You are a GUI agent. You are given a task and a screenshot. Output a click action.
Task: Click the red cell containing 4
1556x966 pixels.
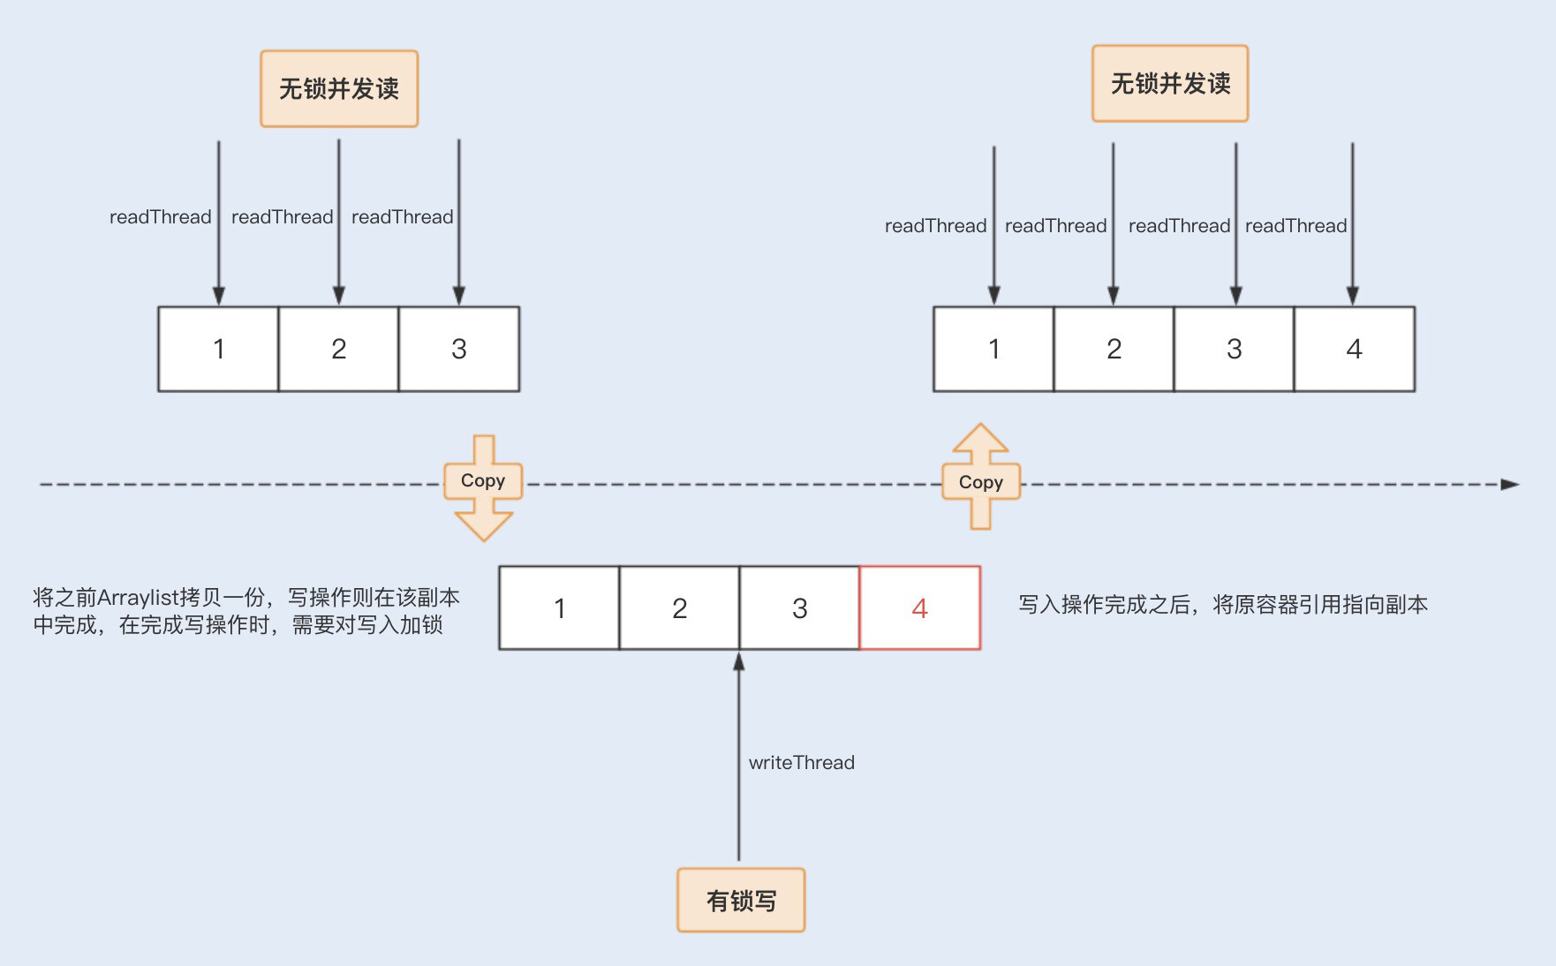point(919,608)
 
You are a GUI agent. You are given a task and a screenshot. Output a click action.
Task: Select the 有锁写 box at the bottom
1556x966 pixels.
point(741,901)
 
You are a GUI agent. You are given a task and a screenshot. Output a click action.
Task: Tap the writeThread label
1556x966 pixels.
point(801,762)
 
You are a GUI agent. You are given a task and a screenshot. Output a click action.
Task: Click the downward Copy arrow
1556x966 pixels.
point(482,487)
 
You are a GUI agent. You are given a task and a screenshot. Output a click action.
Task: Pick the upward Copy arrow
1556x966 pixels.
point(980,477)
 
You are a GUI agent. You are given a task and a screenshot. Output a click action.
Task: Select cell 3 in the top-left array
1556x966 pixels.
point(458,350)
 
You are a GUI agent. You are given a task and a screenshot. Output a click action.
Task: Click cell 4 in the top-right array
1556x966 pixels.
point(1354,350)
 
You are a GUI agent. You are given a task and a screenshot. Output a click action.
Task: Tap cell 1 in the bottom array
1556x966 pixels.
point(559,608)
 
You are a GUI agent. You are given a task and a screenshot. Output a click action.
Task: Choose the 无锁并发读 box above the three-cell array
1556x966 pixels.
point(339,88)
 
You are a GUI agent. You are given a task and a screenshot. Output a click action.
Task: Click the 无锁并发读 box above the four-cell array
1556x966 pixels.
point(1170,84)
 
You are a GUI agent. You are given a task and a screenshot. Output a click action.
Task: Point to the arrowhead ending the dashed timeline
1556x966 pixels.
point(1509,484)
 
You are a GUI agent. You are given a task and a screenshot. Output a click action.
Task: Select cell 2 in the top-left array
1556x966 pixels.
point(338,350)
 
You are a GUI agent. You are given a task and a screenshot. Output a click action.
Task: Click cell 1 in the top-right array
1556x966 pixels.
point(993,350)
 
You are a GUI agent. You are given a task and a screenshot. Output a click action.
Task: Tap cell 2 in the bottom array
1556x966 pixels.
point(679,608)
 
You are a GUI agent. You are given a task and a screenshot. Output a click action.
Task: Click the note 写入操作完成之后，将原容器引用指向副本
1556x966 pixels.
point(1223,605)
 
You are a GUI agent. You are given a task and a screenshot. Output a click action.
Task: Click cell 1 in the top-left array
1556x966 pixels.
point(218,350)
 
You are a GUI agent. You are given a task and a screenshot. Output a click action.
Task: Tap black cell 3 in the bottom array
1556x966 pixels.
point(799,608)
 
